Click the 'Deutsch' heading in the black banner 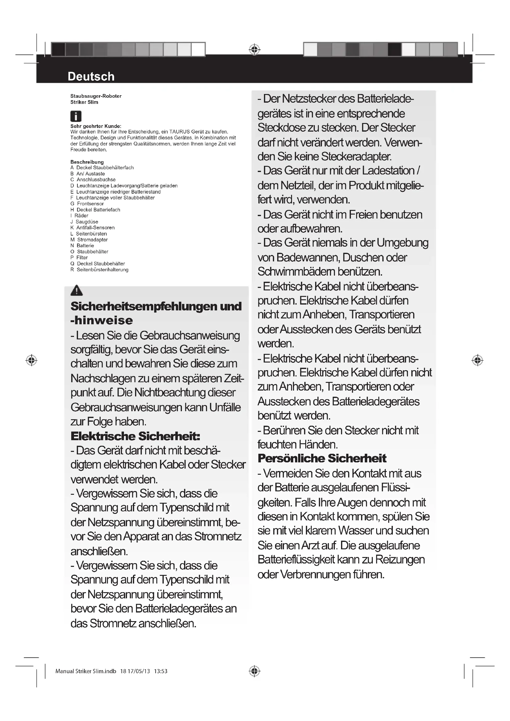pos(91,76)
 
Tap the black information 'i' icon pos(76,116)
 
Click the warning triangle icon pos(77,290)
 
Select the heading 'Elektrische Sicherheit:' pos(135,436)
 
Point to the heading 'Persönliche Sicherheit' pos(322,458)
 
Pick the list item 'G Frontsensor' pos(87,203)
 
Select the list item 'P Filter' pos(79,257)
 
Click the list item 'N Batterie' pos(82,246)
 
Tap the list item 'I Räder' pos(80,215)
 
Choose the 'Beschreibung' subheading pos(87,162)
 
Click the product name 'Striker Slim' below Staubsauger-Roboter pos(84,102)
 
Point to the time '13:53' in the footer pos(160,671)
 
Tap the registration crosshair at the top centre pos(254,49)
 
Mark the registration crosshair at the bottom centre pos(254,671)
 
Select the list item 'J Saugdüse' pos(84,222)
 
